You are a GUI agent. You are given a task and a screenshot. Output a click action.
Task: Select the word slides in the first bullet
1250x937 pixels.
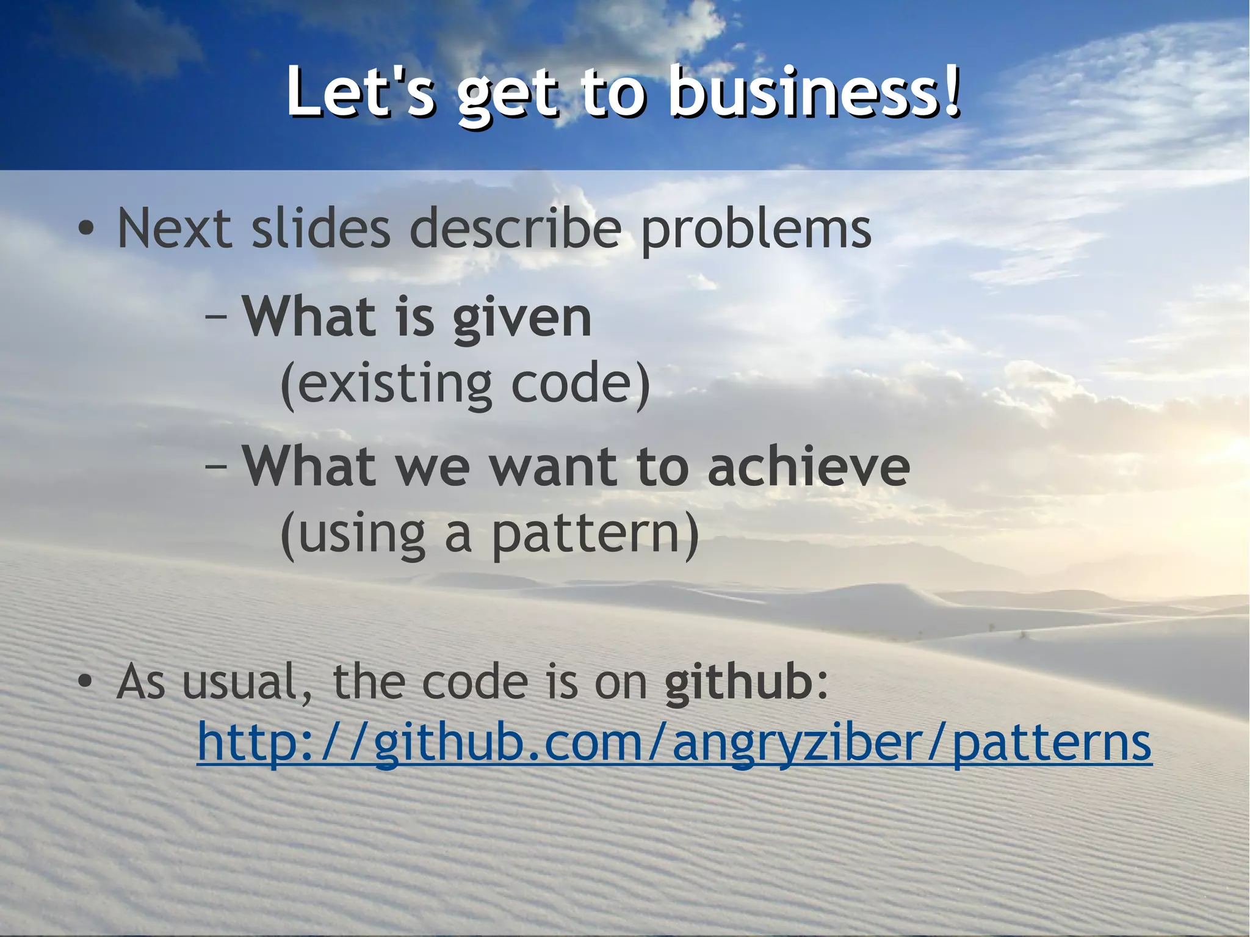click(x=320, y=228)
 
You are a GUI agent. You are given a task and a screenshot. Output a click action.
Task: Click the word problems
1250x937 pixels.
click(x=756, y=230)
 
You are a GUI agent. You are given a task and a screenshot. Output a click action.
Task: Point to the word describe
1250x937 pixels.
click(x=516, y=228)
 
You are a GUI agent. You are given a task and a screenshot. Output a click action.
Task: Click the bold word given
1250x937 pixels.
click(x=522, y=317)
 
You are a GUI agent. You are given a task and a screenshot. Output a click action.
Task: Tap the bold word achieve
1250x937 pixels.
click(x=809, y=466)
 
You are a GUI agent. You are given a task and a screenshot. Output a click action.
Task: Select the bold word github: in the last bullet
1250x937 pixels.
click(x=746, y=682)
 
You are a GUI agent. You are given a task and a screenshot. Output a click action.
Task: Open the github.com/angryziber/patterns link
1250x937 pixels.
click(x=674, y=742)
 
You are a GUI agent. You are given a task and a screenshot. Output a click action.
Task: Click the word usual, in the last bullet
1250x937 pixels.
click(x=248, y=682)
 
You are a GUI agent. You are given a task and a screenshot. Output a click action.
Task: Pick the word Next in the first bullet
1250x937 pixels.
click(x=175, y=228)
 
